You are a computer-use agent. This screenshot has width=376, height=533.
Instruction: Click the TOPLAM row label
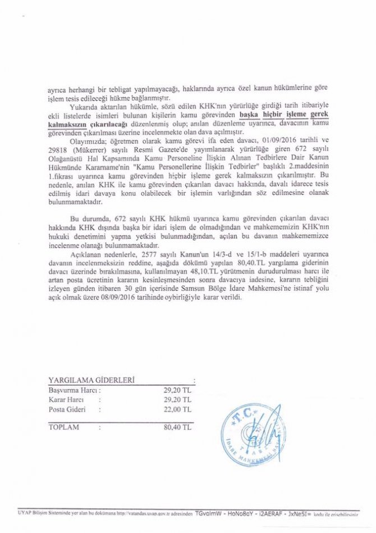pos(64,427)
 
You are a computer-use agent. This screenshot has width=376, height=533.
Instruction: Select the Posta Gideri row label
pos(67,409)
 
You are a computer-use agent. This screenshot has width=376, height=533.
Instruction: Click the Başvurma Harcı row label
pos(74,389)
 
